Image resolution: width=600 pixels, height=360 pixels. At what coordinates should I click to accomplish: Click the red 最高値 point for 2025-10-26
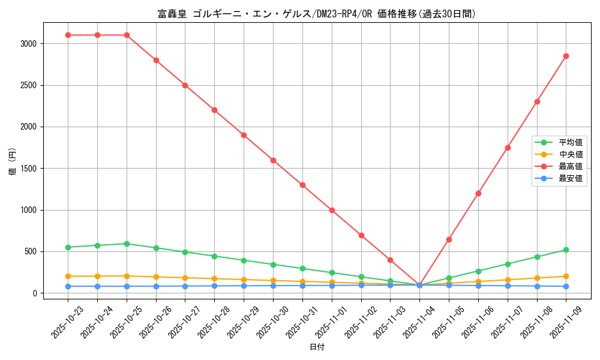[156, 60]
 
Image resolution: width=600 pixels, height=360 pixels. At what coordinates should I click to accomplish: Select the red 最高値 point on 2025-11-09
[566, 56]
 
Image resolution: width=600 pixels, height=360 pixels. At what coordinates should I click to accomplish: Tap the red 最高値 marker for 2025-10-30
[273, 160]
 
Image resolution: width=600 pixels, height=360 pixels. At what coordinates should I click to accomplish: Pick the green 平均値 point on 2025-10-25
[127, 244]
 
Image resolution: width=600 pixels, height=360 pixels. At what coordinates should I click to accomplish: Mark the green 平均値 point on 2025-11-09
[566, 250]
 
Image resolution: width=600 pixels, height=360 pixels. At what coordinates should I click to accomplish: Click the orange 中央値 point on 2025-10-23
[68, 276]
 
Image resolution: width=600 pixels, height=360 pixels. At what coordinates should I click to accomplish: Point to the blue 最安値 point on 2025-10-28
[214, 286]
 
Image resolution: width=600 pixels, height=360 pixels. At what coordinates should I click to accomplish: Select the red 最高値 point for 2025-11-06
[478, 193]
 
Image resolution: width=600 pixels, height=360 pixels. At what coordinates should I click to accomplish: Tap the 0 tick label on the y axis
[35, 293]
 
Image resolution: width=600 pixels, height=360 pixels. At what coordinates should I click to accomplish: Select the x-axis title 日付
[317, 347]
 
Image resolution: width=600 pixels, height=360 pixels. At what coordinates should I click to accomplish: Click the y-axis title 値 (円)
[12, 162]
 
